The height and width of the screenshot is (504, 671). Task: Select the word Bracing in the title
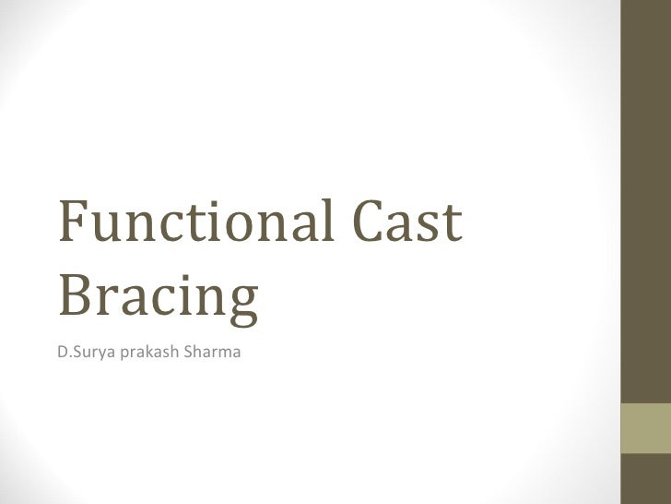click(158, 295)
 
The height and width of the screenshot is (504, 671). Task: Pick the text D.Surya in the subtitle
click(84, 351)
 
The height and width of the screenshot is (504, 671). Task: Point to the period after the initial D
click(66, 354)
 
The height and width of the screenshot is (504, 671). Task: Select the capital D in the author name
click(61, 351)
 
